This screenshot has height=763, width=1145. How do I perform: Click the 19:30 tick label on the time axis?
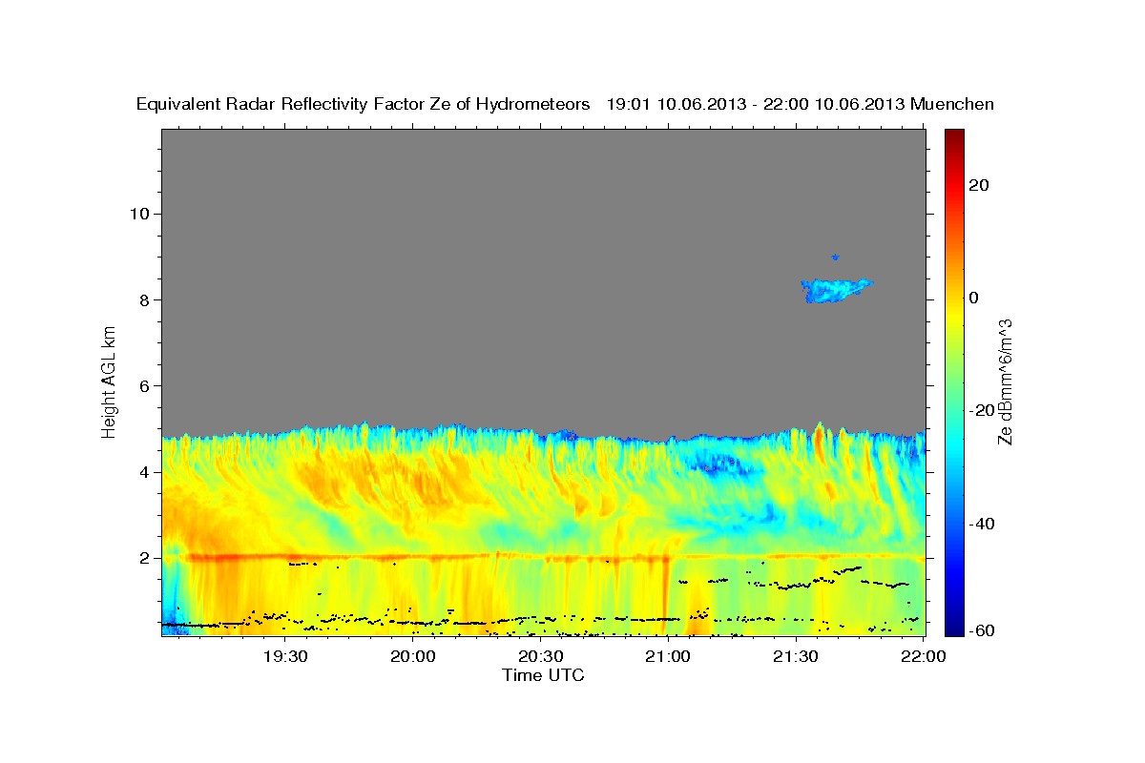(x=284, y=656)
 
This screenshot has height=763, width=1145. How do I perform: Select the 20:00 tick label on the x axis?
(x=412, y=656)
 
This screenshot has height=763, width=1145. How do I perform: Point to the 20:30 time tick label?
(x=540, y=656)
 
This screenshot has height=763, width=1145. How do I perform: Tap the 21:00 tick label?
(x=668, y=656)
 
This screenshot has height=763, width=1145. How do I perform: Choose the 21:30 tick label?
(x=796, y=656)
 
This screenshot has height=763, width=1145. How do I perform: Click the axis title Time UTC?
(x=543, y=675)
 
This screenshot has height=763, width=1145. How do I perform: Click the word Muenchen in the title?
(x=952, y=104)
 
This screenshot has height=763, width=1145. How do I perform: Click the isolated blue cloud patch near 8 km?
(x=835, y=290)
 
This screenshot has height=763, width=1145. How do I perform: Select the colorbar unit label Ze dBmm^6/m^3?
(x=1005, y=381)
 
